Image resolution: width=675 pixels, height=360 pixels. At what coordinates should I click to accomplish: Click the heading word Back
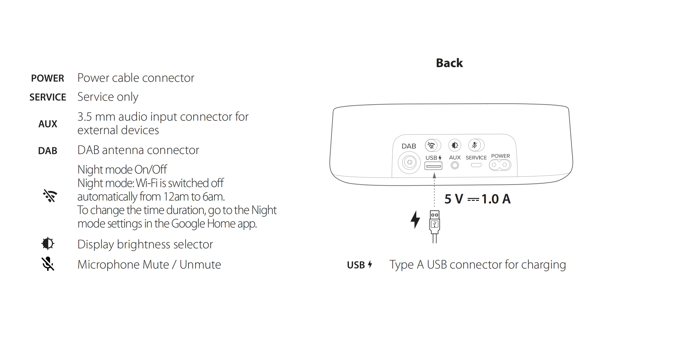pyautogui.click(x=449, y=63)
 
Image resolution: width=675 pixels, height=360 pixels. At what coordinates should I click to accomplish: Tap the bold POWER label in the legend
pyautogui.click(x=48, y=78)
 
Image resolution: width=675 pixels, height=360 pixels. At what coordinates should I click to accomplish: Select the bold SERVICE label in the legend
pyautogui.click(x=48, y=97)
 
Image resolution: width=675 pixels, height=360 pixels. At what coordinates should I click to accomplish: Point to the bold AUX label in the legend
pyautogui.click(x=48, y=124)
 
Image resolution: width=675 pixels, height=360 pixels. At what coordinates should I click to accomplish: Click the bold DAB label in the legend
pyautogui.click(x=48, y=151)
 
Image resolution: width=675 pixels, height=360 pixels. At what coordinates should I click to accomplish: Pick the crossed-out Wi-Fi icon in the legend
pyautogui.click(x=50, y=196)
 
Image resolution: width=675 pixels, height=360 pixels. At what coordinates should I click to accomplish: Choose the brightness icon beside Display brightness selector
pyautogui.click(x=48, y=244)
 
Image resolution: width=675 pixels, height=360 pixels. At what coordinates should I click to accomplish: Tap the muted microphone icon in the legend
pyautogui.click(x=48, y=264)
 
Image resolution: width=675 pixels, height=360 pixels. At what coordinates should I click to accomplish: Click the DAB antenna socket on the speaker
pyautogui.click(x=409, y=163)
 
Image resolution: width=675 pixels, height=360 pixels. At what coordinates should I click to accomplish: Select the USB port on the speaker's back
pyautogui.click(x=433, y=166)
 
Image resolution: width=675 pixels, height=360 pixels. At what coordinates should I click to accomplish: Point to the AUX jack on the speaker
pyautogui.click(x=455, y=165)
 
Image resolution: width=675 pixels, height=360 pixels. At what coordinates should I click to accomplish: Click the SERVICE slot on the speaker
pyautogui.click(x=476, y=165)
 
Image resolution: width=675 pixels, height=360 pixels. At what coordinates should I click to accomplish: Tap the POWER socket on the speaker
pyautogui.click(x=500, y=165)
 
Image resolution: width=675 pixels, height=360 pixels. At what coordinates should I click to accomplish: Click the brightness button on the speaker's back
pyautogui.click(x=454, y=145)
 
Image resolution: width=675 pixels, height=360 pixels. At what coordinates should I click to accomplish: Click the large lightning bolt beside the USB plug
pyautogui.click(x=415, y=220)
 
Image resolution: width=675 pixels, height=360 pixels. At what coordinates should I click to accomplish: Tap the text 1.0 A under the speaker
pyautogui.click(x=496, y=199)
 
